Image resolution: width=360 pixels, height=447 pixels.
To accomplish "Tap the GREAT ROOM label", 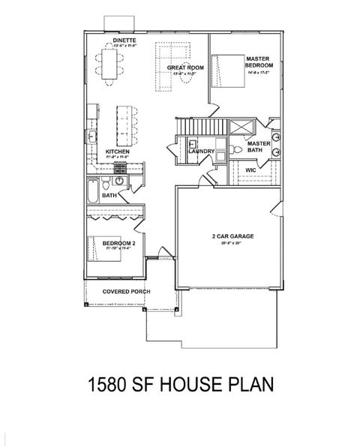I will click(185, 67).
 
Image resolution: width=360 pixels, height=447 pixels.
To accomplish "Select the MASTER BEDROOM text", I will click(258, 61).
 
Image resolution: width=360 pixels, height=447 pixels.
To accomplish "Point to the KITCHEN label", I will click(118, 151).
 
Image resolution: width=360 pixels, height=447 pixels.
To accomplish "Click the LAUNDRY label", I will click(202, 151).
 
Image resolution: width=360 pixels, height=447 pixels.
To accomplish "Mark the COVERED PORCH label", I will click(125, 291).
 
